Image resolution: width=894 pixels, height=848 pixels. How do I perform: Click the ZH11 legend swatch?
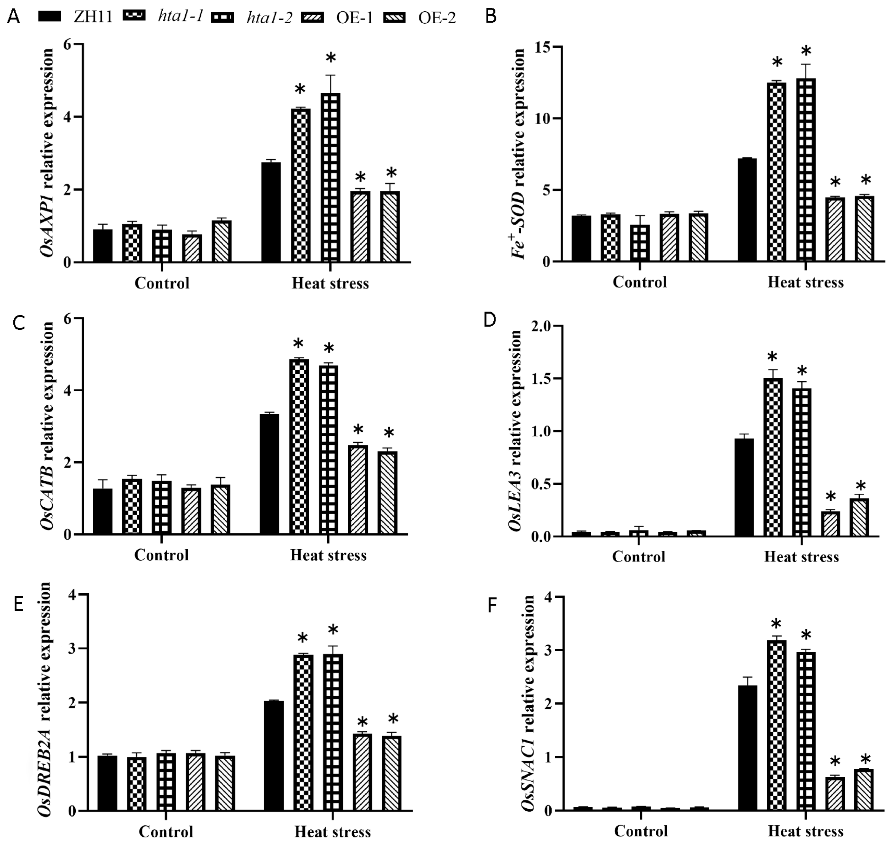[50, 17]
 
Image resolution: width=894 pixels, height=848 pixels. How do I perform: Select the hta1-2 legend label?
[269, 17]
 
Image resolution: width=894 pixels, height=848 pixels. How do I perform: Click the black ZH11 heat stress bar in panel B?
[747, 210]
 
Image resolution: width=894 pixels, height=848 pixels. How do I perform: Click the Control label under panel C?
[161, 555]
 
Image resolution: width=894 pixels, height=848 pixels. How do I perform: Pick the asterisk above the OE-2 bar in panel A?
[391, 173]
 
